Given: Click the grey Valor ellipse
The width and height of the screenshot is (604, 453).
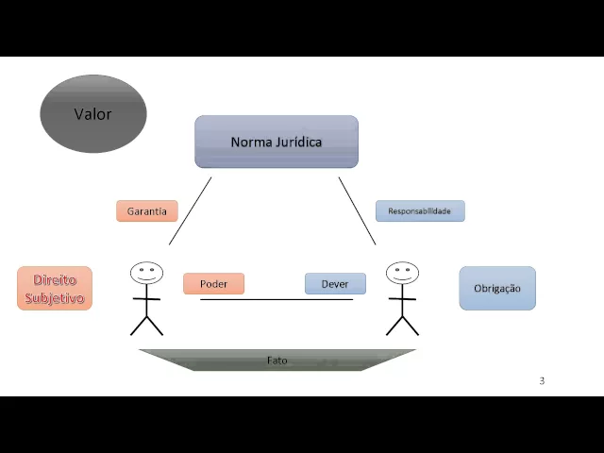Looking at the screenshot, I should (92, 114).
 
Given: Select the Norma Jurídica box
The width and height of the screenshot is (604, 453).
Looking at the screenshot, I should (277, 142).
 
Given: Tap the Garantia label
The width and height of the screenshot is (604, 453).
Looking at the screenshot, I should (146, 210).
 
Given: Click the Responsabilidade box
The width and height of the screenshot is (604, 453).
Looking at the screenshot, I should (420, 211).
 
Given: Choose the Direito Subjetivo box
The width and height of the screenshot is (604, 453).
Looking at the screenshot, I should (55, 289).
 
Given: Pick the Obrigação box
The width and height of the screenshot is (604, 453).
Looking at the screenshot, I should (497, 288).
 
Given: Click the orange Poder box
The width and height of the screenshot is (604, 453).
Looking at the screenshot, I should (213, 283).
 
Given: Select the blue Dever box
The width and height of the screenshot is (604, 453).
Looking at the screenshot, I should (335, 283).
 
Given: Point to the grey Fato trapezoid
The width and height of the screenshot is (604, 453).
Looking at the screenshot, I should (277, 360).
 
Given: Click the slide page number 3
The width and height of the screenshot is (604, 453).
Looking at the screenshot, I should (542, 381).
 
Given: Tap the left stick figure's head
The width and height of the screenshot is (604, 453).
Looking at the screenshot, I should (146, 274).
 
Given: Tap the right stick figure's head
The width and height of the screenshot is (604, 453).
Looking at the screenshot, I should (402, 274).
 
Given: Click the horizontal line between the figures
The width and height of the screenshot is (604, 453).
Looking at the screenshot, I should (277, 299).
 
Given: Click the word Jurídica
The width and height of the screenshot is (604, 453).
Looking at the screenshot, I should (294, 142).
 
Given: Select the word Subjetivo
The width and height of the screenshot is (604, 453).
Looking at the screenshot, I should (55, 298).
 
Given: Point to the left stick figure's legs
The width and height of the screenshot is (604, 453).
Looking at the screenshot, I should (146, 325).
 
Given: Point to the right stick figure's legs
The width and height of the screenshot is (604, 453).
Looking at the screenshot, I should (402, 325).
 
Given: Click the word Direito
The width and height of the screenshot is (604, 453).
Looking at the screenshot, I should (55, 280).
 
